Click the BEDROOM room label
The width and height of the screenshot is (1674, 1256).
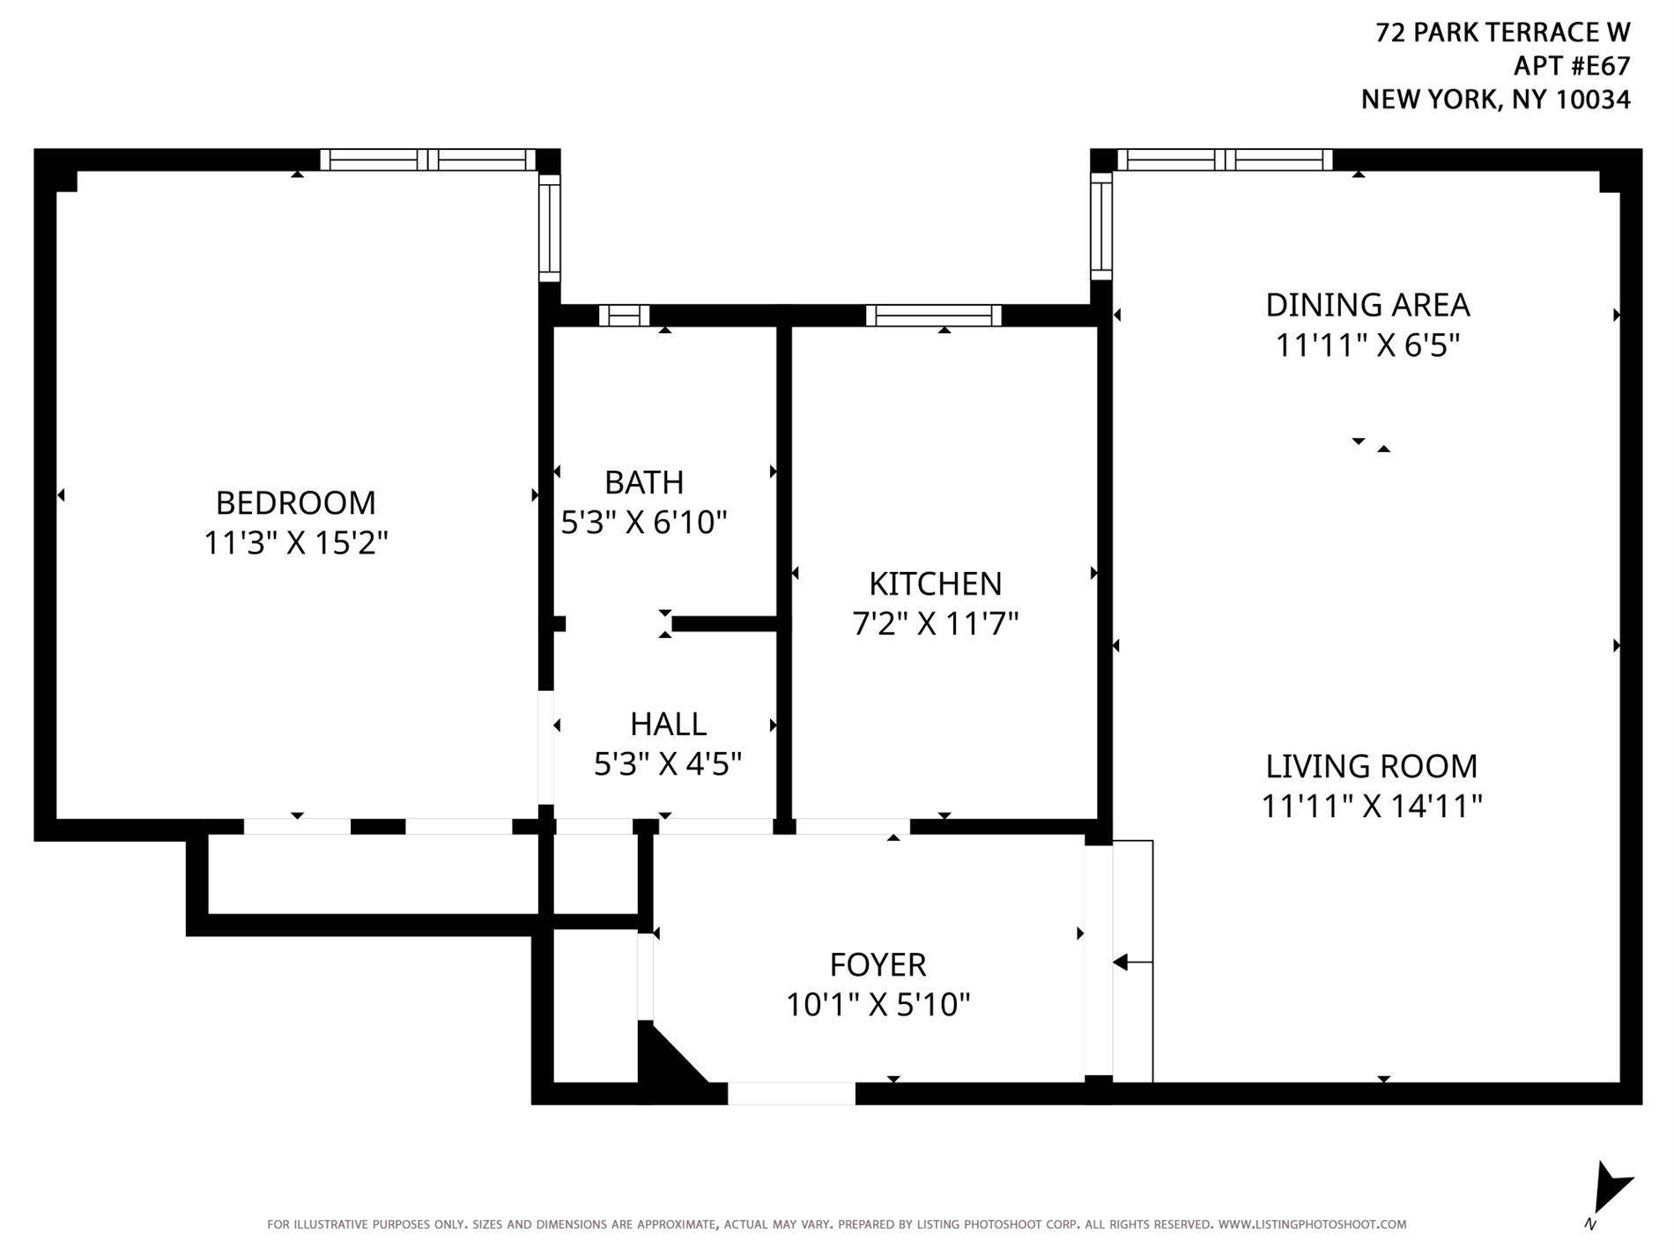coord(295,502)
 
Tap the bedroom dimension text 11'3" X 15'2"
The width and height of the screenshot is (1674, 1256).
coord(295,542)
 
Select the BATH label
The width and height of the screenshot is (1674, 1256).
coord(644,482)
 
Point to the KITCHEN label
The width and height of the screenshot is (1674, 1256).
coord(935,583)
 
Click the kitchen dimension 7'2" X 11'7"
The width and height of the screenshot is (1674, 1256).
coord(935,624)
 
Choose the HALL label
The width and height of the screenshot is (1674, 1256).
coord(668,724)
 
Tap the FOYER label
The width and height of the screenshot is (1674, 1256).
coord(878,964)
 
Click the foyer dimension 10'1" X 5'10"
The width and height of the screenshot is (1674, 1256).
coord(878,1004)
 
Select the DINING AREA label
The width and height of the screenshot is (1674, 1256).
coord(1367,305)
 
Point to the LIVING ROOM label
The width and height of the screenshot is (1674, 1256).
coord(1371,766)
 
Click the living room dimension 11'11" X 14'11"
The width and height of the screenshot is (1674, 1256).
coord(1371,806)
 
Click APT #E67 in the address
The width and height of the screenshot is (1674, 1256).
coord(1571,66)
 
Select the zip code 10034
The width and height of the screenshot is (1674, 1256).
coord(1592,100)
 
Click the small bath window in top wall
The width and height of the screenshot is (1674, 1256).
coord(624,316)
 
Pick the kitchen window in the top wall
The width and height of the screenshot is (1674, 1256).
coord(933,316)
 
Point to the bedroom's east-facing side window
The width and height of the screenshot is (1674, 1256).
coord(549,227)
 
